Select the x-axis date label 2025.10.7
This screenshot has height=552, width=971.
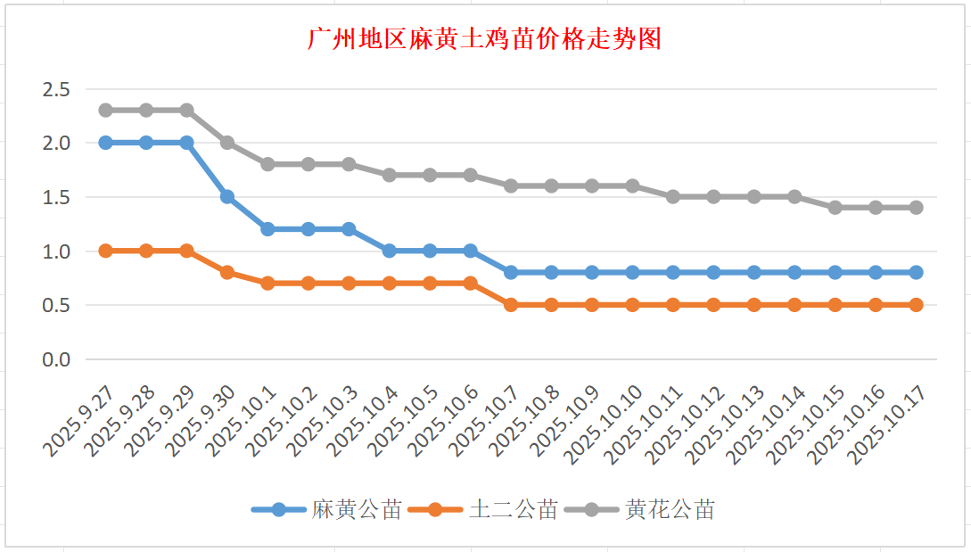(486, 423)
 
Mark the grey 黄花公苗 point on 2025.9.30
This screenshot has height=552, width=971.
(227, 143)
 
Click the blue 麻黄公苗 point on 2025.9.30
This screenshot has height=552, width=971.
(227, 196)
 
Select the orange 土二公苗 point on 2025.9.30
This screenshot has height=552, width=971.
(227, 272)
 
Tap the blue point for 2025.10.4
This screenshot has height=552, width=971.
(390, 251)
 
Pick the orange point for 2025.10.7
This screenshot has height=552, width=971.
(511, 305)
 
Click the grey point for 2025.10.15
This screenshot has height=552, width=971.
(835, 207)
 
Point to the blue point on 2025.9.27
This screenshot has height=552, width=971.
(105, 143)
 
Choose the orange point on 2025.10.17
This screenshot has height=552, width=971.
(917, 305)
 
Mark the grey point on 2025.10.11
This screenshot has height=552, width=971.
(673, 196)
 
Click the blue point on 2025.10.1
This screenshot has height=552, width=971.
(267, 229)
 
